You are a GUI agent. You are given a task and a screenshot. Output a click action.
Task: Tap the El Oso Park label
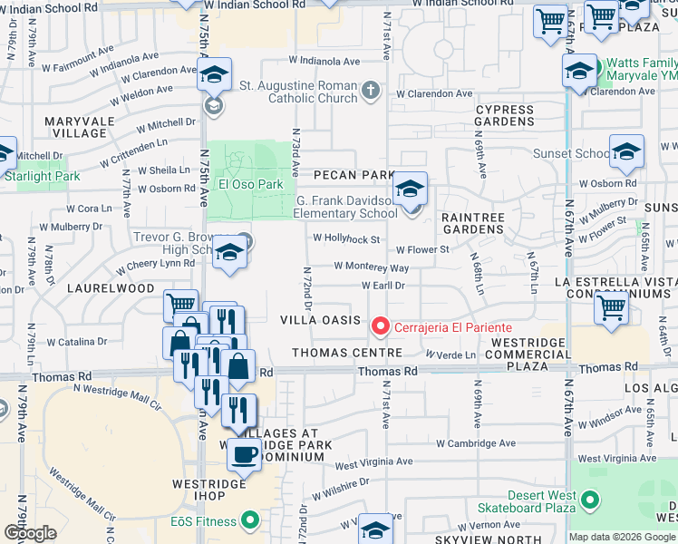pos(251,184)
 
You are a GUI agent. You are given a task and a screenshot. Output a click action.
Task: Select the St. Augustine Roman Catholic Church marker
pos(370,91)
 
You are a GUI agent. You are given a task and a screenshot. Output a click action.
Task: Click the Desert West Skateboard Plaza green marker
pos(591,500)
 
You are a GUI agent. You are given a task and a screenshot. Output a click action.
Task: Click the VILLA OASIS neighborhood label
pos(314,320)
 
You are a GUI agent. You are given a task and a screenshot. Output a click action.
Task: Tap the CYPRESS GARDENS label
pos(505,116)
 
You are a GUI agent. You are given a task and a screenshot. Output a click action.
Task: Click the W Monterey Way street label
pos(371,267)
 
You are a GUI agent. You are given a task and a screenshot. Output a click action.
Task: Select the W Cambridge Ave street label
pos(475,444)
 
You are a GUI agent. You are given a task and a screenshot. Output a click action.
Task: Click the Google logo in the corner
pos(30,533)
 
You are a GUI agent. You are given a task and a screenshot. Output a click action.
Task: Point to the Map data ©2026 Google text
pos(622,537)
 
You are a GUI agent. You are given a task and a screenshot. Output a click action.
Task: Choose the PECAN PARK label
pos(354,174)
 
